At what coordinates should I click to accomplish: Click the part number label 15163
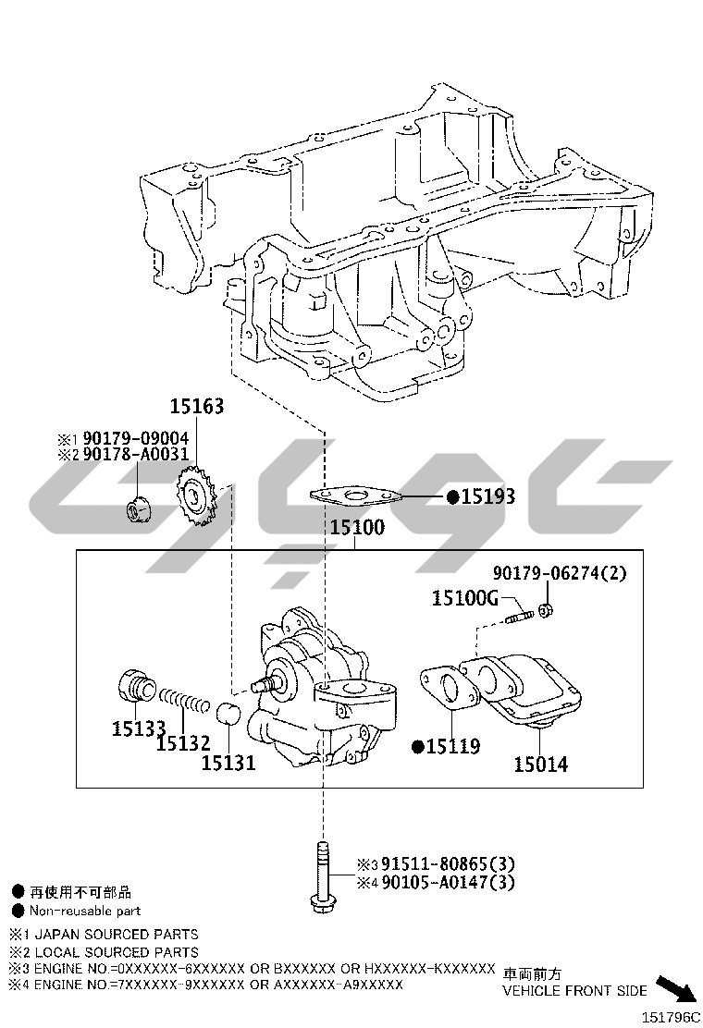197,407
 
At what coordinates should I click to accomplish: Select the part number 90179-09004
135,438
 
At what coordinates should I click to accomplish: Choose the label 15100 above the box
357,528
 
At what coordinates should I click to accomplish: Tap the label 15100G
465,598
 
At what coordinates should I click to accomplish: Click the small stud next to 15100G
522,617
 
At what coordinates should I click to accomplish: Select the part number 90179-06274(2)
560,573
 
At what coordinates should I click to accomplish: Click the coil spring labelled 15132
184,700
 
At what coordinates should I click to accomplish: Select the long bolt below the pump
322,876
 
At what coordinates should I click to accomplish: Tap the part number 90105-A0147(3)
448,883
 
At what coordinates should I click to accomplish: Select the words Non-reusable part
85,911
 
